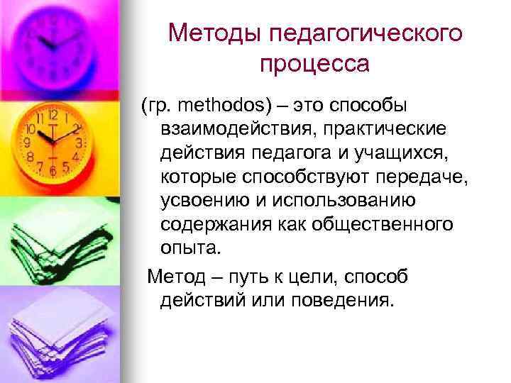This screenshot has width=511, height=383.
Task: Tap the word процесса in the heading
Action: (314, 65)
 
